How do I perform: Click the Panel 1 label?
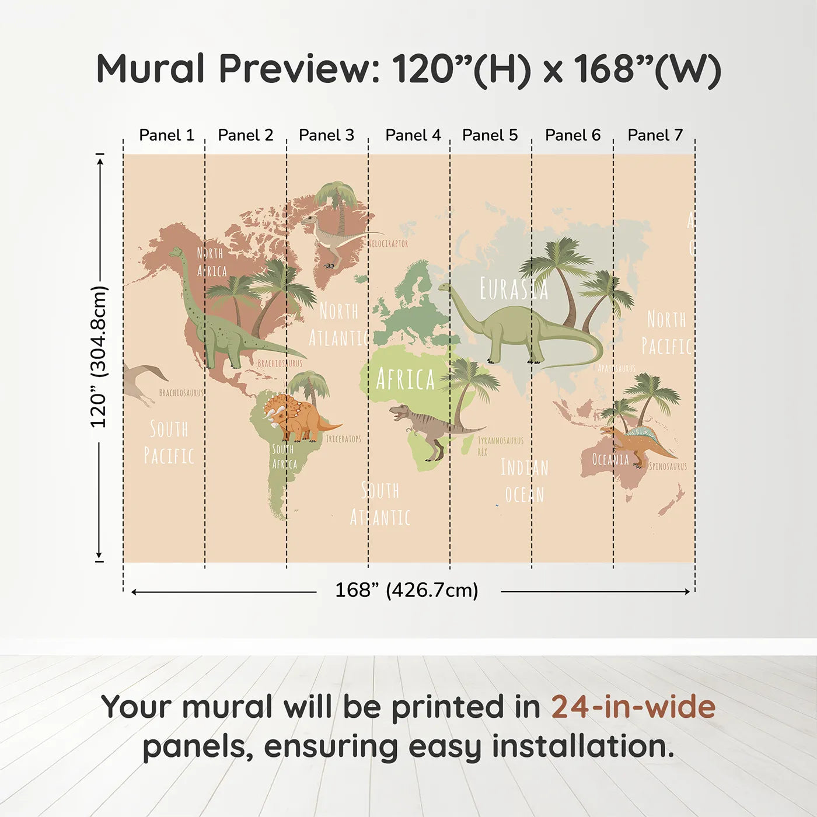click(166, 135)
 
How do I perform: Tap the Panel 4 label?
click(413, 135)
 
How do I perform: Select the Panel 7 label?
click(655, 135)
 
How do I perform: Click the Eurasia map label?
click(514, 289)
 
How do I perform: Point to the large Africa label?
click(406, 380)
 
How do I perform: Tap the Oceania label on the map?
click(610, 460)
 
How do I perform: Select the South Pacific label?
click(169, 442)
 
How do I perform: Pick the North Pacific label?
click(666, 333)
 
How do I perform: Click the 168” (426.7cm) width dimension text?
click(407, 591)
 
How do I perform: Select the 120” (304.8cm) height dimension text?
click(99, 357)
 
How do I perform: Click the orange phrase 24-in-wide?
click(633, 707)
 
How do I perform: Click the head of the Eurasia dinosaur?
click(445, 287)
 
